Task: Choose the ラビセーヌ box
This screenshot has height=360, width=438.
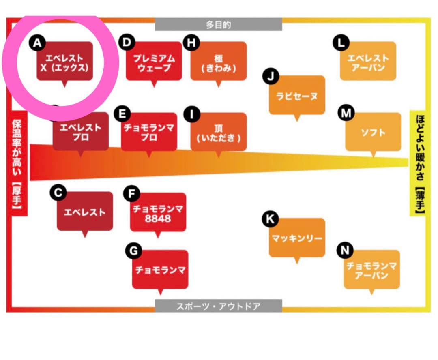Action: click(x=297, y=96)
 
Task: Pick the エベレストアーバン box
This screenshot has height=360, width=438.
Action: click(x=368, y=62)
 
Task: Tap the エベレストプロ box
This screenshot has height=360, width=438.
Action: click(x=81, y=132)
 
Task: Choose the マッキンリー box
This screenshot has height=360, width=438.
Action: click(x=297, y=238)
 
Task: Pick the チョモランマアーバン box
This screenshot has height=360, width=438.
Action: click(x=371, y=270)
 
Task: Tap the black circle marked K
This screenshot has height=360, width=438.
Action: click(x=270, y=219)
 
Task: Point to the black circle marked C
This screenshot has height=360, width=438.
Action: click(x=58, y=193)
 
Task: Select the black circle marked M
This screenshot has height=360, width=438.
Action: click(x=346, y=114)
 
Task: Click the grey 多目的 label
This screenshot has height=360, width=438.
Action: click(x=218, y=25)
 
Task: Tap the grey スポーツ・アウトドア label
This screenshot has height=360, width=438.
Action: click(x=218, y=306)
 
